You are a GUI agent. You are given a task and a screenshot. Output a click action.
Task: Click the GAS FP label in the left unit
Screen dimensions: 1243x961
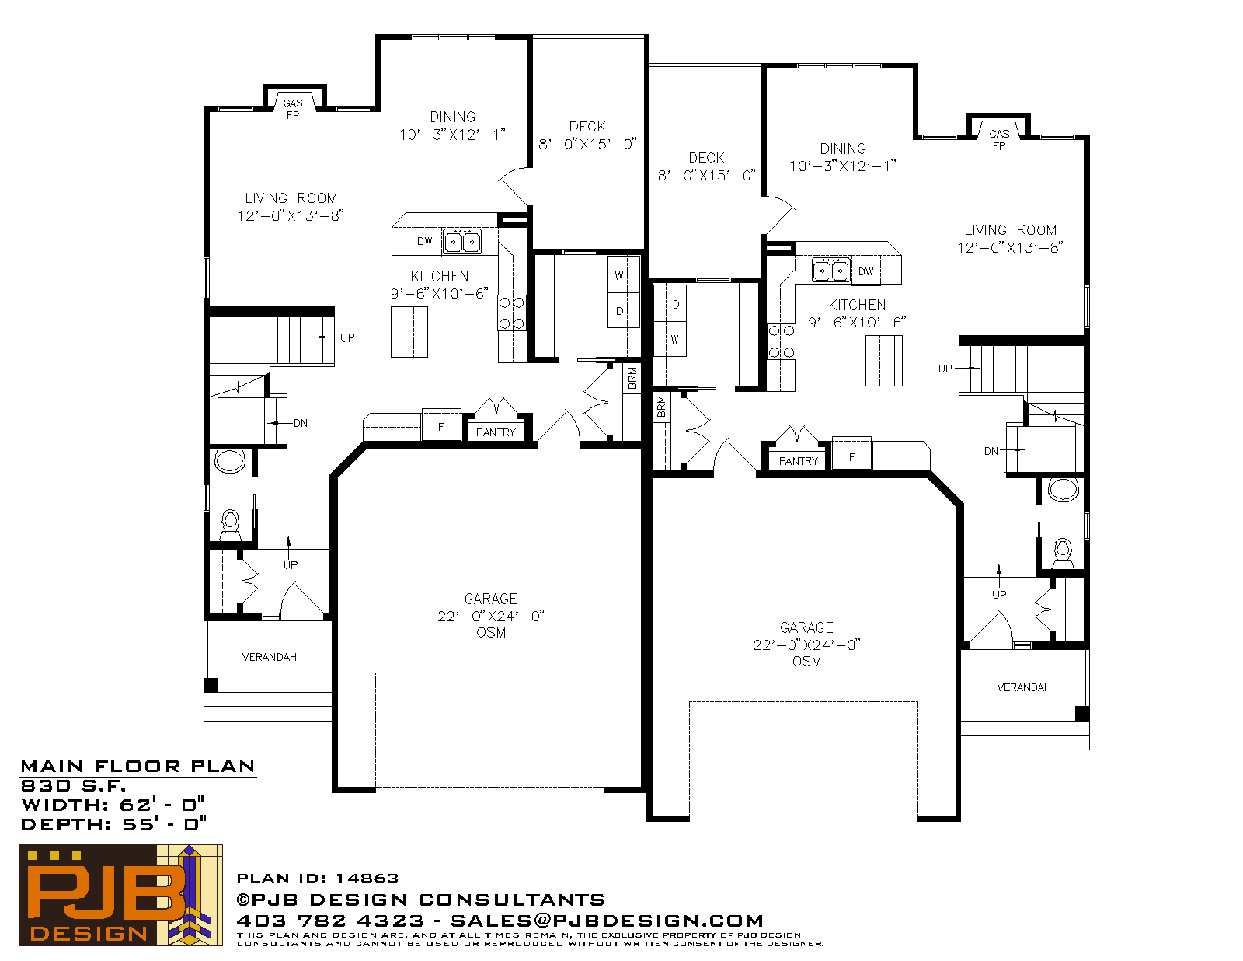(292, 109)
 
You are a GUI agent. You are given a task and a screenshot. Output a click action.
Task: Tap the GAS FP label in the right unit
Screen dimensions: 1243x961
(999, 140)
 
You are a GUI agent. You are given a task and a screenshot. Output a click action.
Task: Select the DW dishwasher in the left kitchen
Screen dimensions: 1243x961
(424, 241)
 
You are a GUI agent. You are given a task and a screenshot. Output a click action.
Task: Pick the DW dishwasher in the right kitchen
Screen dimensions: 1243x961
(866, 271)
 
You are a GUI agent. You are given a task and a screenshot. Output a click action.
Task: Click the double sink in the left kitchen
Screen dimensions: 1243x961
(462, 241)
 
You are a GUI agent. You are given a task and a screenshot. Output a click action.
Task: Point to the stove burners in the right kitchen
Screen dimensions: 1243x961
(782, 341)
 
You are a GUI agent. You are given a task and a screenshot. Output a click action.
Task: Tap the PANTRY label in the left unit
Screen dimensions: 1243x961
(496, 432)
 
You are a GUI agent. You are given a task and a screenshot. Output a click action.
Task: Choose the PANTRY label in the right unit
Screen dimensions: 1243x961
(799, 461)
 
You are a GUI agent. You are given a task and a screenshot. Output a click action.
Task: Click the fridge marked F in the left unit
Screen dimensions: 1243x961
(441, 426)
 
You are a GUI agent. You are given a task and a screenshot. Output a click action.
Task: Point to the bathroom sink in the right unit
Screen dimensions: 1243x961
(1064, 490)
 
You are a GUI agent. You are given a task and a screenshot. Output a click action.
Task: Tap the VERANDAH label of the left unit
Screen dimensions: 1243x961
(270, 657)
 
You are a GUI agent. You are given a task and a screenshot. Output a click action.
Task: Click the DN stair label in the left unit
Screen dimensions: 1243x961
(301, 423)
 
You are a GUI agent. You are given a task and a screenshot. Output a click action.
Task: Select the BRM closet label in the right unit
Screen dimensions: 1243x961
(661, 407)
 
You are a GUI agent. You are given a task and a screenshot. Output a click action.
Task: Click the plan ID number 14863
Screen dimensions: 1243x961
(367, 879)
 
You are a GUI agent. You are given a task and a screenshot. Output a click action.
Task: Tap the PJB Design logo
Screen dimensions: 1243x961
(120, 895)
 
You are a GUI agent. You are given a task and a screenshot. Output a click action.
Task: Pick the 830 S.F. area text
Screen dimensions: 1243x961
(73, 785)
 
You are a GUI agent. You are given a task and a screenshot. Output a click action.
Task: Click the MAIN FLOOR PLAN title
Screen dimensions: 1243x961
(138, 767)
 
